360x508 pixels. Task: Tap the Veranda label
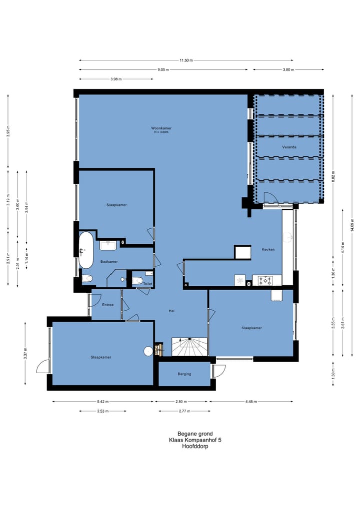[x=289, y=147]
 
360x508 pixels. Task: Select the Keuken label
[x=268, y=249]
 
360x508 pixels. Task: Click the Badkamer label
[x=108, y=261]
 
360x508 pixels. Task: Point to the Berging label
[x=184, y=374]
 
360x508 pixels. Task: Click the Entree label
[x=107, y=305]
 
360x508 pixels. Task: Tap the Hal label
[x=171, y=311]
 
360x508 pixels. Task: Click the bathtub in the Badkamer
[x=86, y=250]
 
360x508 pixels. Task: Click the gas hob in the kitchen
[x=265, y=281]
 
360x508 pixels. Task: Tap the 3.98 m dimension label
[x=115, y=79]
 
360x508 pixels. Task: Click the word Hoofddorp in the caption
[x=195, y=447]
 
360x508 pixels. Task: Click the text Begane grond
[x=195, y=434]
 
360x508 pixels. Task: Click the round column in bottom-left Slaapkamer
[x=148, y=351]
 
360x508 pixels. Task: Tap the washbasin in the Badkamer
[x=108, y=245]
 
